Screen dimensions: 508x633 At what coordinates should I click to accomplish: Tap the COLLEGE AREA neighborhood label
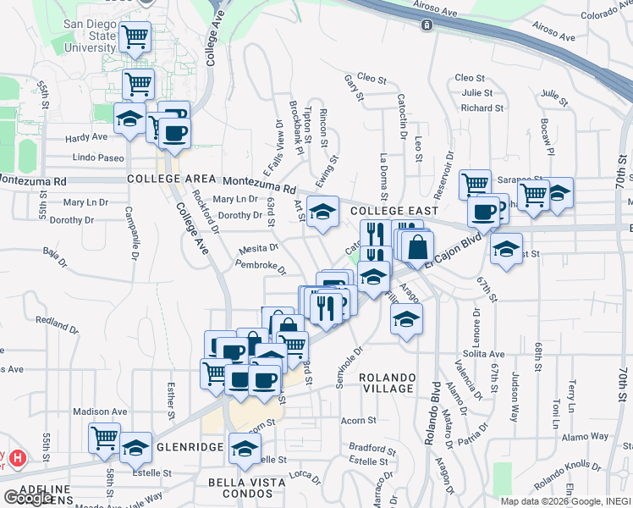point(163,179)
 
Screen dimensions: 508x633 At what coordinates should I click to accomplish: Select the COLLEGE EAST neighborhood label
point(394,210)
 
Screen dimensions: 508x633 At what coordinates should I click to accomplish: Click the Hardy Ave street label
point(88,136)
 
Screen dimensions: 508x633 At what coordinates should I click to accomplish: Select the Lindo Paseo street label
point(97,157)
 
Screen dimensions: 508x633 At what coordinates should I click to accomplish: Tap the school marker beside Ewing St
point(322,213)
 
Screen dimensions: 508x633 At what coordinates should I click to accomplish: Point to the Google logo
point(28,498)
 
